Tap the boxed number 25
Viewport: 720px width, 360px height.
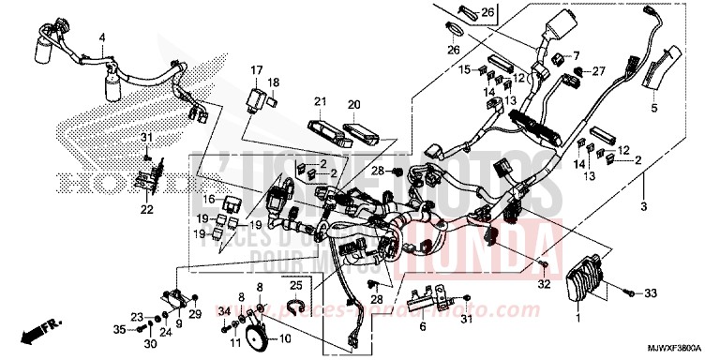click(294, 284)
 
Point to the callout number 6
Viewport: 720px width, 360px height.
click(423, 327)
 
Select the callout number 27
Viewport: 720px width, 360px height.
click(601, 69)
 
